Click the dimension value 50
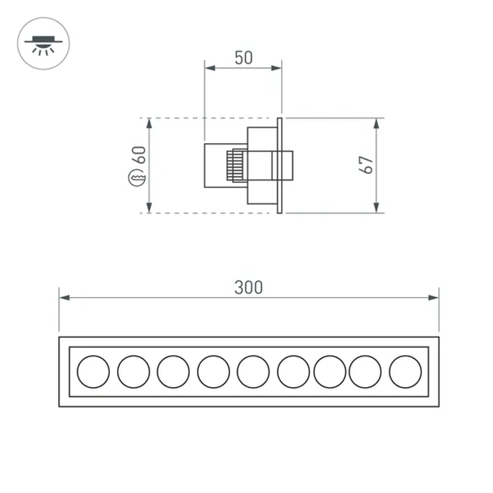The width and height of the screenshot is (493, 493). [243, 58]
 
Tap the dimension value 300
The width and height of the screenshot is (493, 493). [248, 287]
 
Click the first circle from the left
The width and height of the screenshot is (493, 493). [93, 372]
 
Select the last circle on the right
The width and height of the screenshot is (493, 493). [405, 372]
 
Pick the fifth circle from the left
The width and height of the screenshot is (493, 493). [253, 372]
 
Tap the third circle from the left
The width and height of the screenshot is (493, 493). [173, 372]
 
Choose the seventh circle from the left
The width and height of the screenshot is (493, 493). [329, 372]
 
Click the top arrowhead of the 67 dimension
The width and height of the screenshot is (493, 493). [377, 123]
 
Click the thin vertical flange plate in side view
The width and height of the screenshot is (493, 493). [280, 166]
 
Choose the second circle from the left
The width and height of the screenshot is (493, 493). [133, 372]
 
